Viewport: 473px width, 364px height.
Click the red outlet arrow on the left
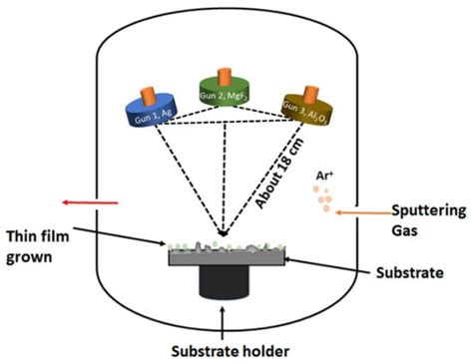click(89, 203)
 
